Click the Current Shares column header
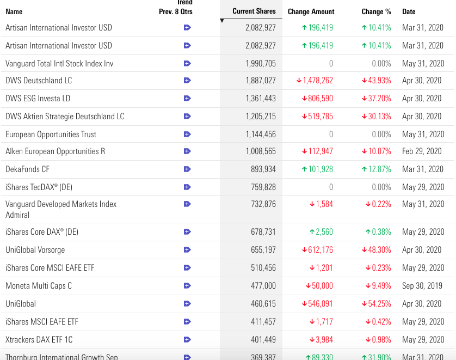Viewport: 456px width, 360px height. click(254, 11)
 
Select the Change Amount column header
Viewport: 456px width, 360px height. click(311, 11)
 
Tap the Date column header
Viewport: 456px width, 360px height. click(408, 11)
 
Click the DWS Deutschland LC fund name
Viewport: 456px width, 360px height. click(39, 81)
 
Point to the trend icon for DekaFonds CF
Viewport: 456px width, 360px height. click(187, 169)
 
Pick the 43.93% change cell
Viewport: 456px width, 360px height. click(377, 81)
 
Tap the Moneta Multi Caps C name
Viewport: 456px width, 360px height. click(39, 286)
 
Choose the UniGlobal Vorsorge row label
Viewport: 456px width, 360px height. click(35, 250)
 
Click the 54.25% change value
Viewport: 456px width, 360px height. click(377, 304)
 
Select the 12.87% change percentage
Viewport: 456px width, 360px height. click(377, 169)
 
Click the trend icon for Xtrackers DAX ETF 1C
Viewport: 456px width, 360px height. click(187, 340)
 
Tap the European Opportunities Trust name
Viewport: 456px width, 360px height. click(51, 135)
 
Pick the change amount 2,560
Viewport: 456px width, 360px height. click(321, 232)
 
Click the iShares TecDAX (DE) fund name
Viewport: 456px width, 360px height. click(39, 187)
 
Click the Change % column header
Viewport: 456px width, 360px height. click(376, 11)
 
